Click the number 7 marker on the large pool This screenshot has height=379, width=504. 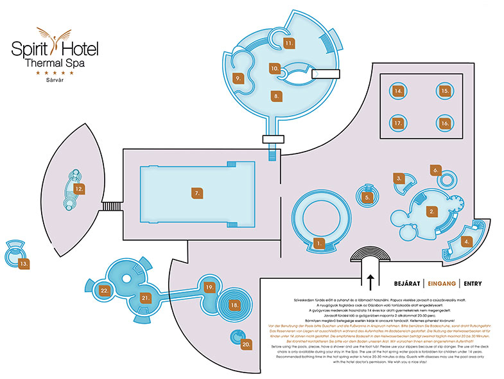tap(198, 193)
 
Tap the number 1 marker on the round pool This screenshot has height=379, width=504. tap(318, 243)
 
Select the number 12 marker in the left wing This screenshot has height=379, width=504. tap(79, 189)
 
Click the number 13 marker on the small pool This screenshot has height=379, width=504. tap(24, 263)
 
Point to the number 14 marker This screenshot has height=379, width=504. tap(399, 91)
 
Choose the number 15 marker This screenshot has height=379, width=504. tap(444, 91)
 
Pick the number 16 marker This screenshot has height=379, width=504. tap(444, 122)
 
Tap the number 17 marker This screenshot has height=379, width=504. tap(399, 122)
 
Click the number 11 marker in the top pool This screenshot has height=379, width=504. tap(290, 43)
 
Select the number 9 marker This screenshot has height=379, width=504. tap(238, 78)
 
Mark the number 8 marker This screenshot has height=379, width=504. tap(277, 96)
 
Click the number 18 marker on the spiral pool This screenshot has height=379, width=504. tap(235, 304)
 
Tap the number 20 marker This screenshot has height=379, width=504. tap(247, 344)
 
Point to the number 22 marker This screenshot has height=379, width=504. tap(104, 290)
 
